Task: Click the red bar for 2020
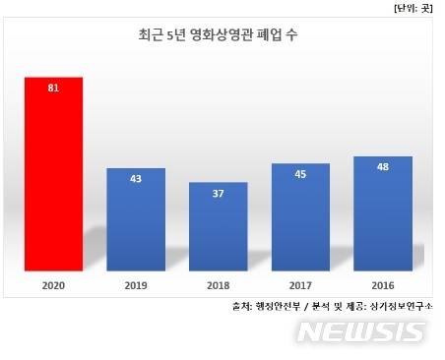click(x=53, y=173)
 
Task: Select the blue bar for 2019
click(x=136, y=218)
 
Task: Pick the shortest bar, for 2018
click(x=219, y=225)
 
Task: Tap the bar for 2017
click(x=300, y=216)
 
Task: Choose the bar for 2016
click(x=383, y=212)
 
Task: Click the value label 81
click(x=53, y=88)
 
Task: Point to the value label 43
click(x=136, y=179)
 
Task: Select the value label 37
click(x=219, y=193)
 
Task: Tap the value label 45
click(x=300, y=174)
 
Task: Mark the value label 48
click(x=383, y=167)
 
